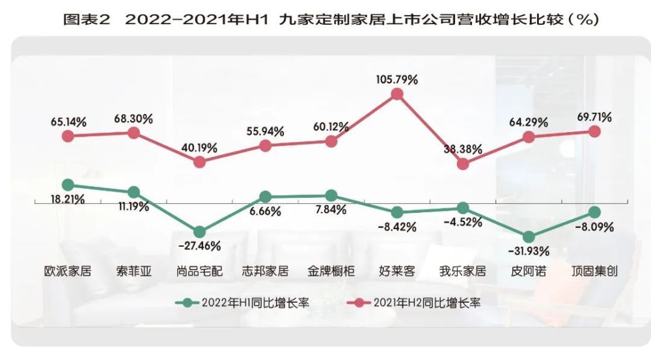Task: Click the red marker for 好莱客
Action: click(397, 95)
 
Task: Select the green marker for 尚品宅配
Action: click(199, 232)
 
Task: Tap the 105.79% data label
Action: click(397, 79)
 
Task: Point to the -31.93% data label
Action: click(528, 251)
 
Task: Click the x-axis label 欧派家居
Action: click(68, 271)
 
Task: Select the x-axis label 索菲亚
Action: click(133, 271)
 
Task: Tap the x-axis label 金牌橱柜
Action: click(331, 271)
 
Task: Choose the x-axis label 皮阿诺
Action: click(528, 271)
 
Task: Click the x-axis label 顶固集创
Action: click(594, 271)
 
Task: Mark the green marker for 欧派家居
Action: click(68, 185)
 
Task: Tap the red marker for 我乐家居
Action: click(462, 164)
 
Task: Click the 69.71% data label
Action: click(593, 117)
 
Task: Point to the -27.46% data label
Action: click(199, 246)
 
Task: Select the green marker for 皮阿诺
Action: click(529, 237)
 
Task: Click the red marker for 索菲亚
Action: click(133, 133)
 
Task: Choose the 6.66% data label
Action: click(265, 212)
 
